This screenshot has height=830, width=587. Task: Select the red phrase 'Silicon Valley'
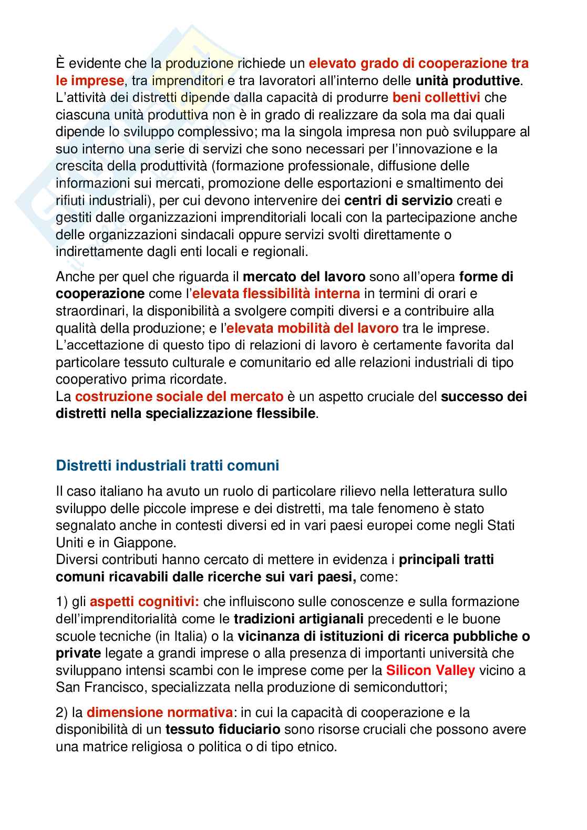[430, 671]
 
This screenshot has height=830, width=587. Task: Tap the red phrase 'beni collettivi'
[437, 98]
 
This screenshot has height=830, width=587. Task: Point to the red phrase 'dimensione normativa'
[160, 713]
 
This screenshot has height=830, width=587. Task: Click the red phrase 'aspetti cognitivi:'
[144, 601]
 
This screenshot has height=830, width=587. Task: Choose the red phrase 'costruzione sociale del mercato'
[179, 396]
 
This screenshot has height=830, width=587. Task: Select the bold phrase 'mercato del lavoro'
[304, 276]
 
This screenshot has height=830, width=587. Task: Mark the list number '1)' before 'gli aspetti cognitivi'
[62, 601]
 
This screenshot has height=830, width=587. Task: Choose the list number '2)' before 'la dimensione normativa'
[62, 713]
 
